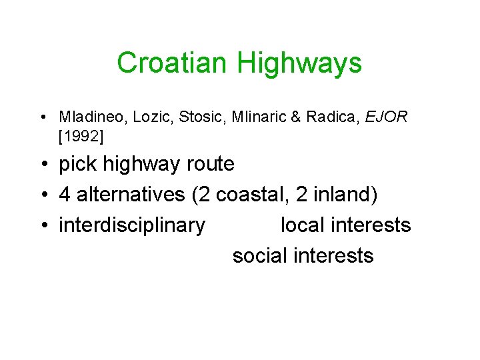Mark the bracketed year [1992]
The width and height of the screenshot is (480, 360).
(x=81, y=137)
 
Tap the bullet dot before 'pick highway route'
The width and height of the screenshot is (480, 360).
(x=42, y=164)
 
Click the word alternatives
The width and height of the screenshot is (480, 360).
(x=131, y=195)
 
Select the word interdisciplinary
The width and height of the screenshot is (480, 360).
(x=132, y=226)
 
